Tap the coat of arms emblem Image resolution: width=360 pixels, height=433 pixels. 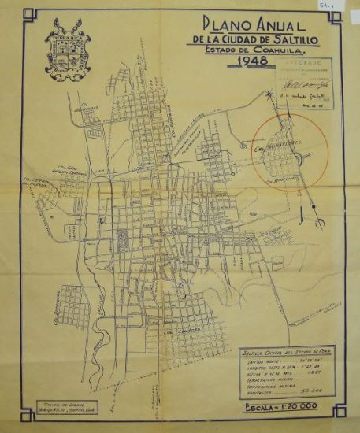69,49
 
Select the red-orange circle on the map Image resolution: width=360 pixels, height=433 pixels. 290,150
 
